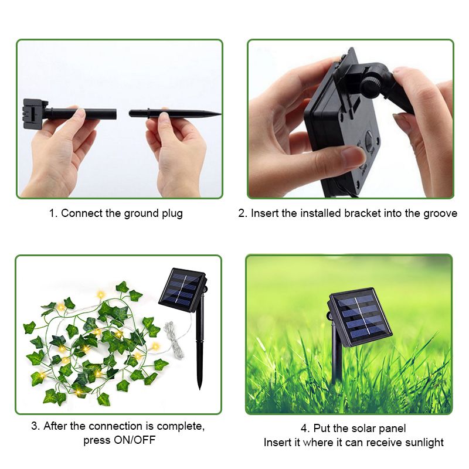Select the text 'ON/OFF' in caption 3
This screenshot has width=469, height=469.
point(134,440)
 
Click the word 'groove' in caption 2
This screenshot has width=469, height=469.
point(440,214)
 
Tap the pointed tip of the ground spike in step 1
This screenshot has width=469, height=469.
point(221,114)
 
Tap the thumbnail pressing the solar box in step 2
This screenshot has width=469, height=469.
point(354,155)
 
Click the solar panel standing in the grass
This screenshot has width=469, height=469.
point(360,317)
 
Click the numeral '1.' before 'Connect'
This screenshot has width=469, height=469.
point(53,213)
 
